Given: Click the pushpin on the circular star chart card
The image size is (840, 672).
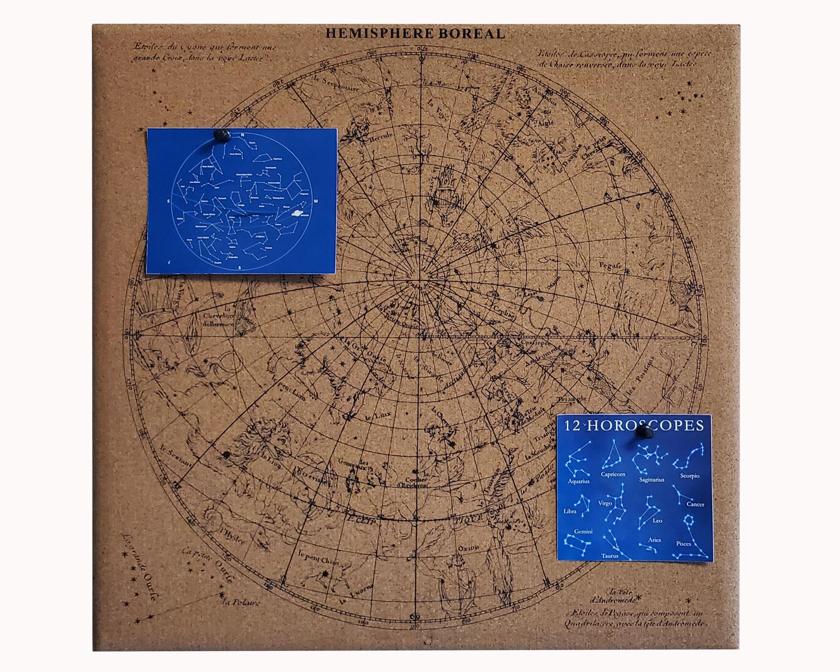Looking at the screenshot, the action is click(x=221, y=135).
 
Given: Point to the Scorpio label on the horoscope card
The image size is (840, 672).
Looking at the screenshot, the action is click(x=690, y=476).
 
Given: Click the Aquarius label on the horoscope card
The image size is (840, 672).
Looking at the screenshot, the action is click(x=579, y=481).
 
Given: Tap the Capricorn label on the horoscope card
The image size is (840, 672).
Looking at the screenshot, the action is click(x=613, y=474).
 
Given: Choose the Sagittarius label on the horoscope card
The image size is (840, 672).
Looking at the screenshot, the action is click(x=651, y=479).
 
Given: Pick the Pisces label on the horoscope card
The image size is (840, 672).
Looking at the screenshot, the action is click(x=684, y=543).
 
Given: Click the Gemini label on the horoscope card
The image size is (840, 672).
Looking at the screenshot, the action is click(x=583, y=531).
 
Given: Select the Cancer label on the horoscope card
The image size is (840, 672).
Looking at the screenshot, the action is click(x=695, y=504).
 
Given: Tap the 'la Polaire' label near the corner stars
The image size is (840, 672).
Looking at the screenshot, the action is click(x=241, y=603).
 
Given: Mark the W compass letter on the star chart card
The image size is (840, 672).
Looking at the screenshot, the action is click(x=316, y=201).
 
